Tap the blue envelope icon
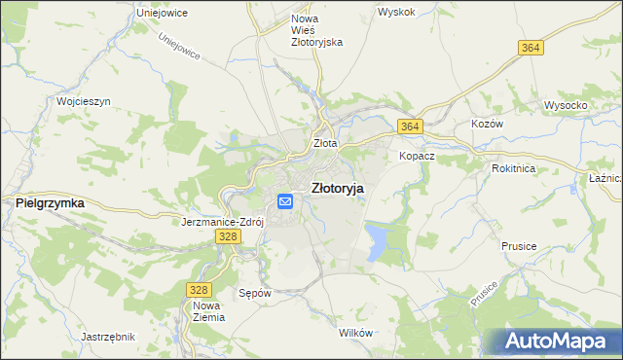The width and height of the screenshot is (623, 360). pyautogui.click(x=285, y=201)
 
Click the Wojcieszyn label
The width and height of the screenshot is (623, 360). pyautogui.click(x=85, y=101)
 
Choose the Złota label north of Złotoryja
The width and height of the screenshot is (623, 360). pyautogui.click(x=325, y=143)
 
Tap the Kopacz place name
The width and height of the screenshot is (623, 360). pyautogui.click(x=416, y=156)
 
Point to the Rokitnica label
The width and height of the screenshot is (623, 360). pyautogui.click(x=514, y=167)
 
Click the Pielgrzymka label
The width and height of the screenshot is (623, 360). pyautogui.click(x=50, y=202)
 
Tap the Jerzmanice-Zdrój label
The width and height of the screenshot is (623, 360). pyautogui.click(x=223, y=222)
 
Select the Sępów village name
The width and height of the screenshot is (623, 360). pyautogui.click(x=254, y=292)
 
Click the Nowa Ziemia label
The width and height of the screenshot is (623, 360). pyautogui.click(x=208, y=311)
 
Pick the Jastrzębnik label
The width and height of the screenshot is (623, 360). pyautogui.click(x=107, y=337)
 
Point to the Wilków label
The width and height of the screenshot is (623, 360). pyautogui.click(x=355, y=333)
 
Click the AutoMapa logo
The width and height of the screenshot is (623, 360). pyautogui.click(x=556, y=341)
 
